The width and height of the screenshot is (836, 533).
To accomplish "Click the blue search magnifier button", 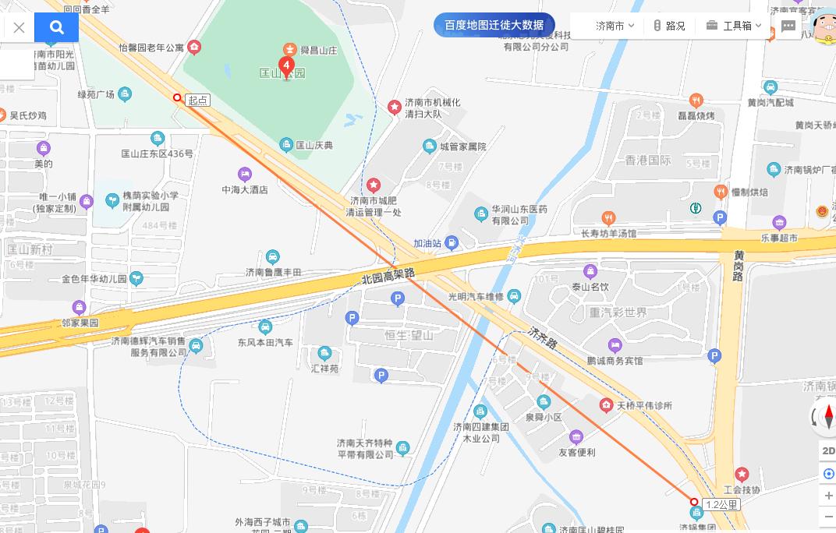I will (56, 27).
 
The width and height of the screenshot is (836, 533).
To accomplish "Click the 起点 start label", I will (198, 101).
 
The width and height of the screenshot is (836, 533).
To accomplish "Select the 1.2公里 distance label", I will (721, 504).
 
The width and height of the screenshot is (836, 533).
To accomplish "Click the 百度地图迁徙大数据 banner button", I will (494, 25).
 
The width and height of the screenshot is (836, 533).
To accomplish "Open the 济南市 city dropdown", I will (615, 26).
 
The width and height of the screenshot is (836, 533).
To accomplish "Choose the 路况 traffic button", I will (669, 26).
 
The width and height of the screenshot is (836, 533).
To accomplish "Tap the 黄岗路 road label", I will (738, 265).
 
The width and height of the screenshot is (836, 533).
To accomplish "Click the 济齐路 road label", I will (542, 337).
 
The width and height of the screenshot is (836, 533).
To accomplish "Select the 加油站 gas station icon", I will (452, 244).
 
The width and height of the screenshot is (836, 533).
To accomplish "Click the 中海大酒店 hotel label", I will (244, 189).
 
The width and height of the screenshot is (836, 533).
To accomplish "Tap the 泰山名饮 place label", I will (590, 287).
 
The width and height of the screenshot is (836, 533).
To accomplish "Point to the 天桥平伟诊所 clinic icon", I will (606, 405).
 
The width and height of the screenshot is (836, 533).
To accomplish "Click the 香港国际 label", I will (648, 161).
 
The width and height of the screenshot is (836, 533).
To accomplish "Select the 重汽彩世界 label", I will (618, 312).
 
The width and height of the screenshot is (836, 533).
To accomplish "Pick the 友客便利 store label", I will (576, 452).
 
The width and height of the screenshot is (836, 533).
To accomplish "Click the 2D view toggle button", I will (828, 451).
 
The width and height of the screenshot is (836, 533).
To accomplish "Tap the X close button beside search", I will (19, 28).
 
